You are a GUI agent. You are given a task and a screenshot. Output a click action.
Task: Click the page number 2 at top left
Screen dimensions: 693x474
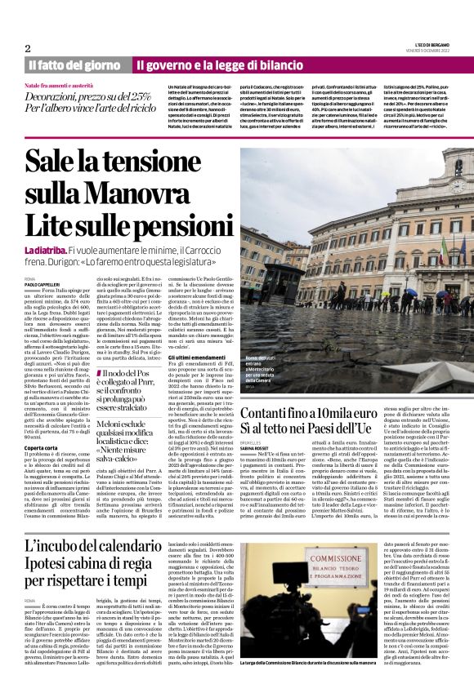click(28, 48)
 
